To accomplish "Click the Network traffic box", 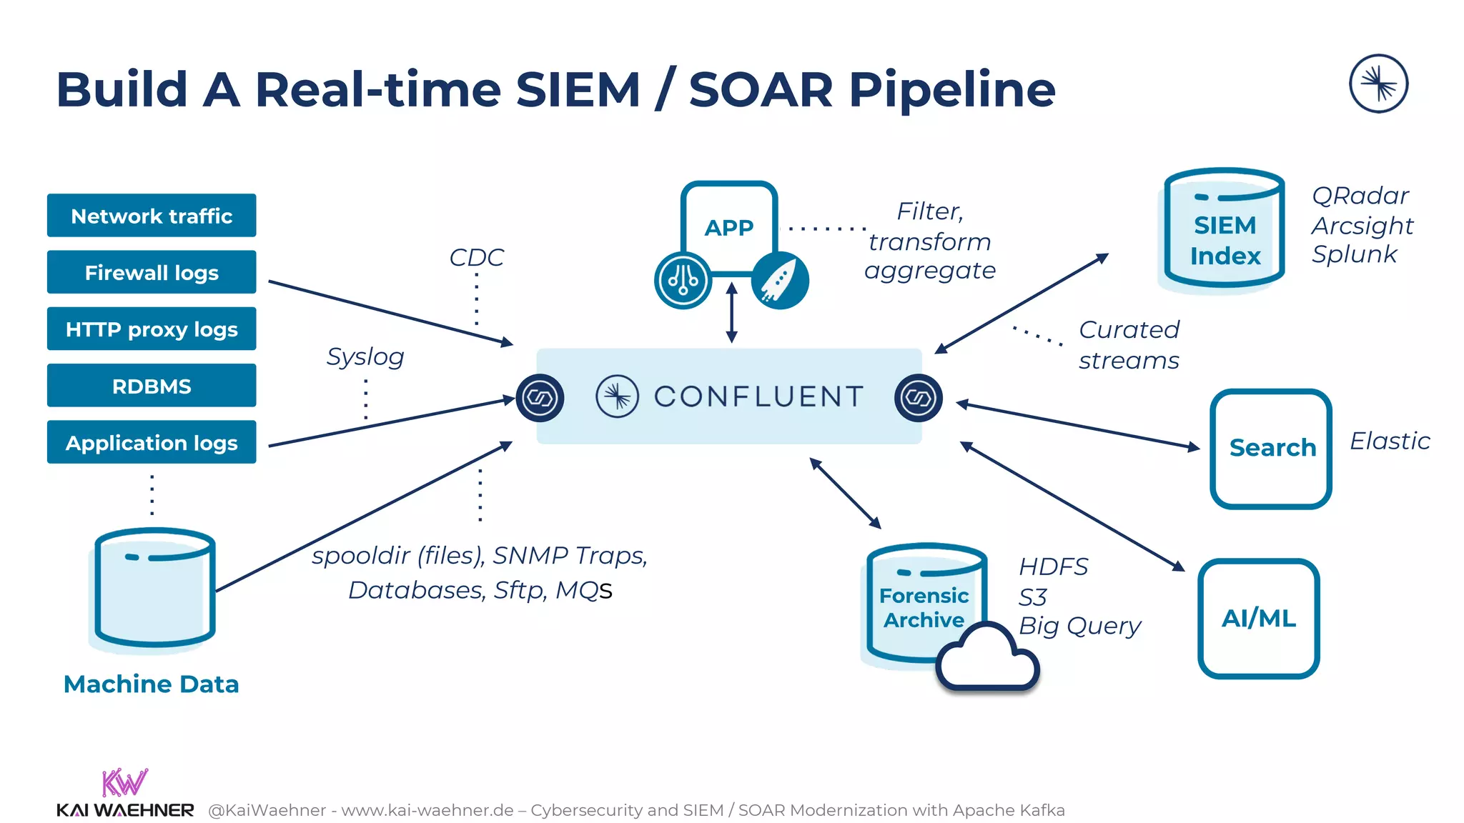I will pos(152,216).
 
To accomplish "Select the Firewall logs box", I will pos(152,272).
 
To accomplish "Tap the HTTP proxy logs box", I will pos(152,329).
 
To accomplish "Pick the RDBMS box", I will pos(152,386).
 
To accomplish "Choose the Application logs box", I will pos(152,443).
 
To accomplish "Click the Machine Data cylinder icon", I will pos(154,589).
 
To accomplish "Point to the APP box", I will pos(728,227).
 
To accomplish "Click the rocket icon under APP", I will pos(780,281).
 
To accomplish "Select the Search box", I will pos(1271,449).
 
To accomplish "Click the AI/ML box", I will pos(1258,619).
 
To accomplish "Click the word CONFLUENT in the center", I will pos(758,396).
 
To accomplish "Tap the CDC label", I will pos(476,257).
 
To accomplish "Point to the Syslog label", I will pos(365,356).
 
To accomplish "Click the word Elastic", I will pos(1389,442).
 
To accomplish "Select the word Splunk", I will pos(1354,254).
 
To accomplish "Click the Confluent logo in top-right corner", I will pos(1378,84).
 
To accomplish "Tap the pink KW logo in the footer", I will pos(124,782).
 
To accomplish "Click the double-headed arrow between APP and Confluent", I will pos(731,313).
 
